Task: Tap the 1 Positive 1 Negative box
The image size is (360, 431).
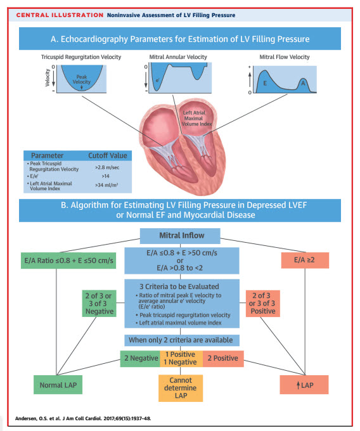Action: (181, 358)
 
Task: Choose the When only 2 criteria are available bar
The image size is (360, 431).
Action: (181, 340)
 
